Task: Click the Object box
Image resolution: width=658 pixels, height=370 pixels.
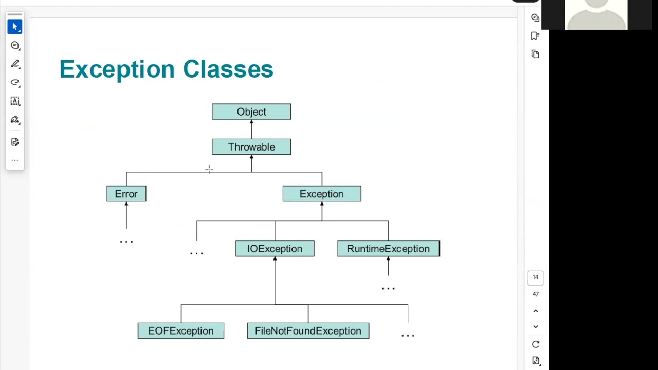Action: point(251,112)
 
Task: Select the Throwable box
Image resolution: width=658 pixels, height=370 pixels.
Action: point(251,147)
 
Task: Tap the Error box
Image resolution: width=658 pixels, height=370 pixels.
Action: point(126,194)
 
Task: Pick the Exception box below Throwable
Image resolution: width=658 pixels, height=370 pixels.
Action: point(322,194)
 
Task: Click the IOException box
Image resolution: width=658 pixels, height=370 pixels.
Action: point(275,249)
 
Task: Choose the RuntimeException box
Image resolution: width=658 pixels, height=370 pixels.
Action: point(388,249)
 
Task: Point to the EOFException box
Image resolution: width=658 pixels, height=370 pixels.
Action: point(180,331)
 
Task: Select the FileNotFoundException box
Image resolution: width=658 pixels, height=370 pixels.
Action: point(308,331)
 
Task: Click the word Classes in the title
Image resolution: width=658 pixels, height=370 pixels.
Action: point(228,69)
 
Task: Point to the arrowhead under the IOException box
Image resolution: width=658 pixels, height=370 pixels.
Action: point(275,259)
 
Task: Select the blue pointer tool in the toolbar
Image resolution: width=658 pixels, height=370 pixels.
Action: point(15,27)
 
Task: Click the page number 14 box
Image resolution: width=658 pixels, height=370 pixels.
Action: point(535,277)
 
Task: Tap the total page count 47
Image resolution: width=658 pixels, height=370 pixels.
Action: point(535,294)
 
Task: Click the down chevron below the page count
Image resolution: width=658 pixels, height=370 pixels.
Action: point(535,326)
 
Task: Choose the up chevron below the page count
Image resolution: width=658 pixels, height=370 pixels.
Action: point(535,311)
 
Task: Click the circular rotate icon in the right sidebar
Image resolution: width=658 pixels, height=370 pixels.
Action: point(535,344)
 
